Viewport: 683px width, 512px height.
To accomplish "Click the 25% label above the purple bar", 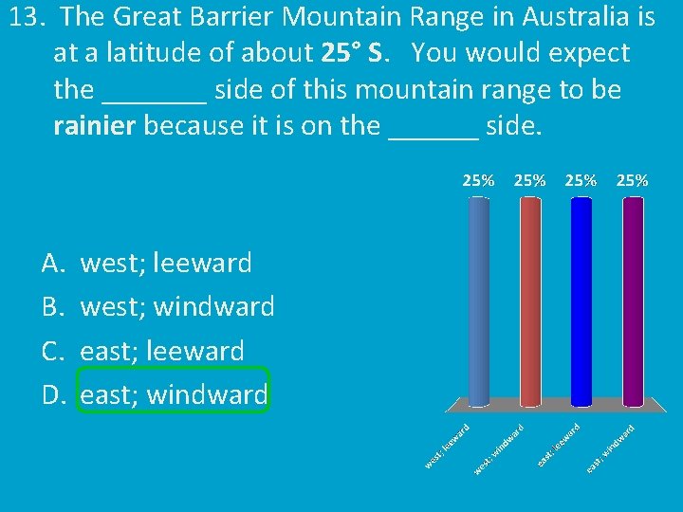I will [633, 180].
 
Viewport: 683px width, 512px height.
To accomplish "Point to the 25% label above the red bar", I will [530, 180].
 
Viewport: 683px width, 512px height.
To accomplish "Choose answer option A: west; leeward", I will [166, 263].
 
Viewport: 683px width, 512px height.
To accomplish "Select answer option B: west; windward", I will [177, 306].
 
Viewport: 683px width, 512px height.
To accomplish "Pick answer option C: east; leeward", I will [162, 351].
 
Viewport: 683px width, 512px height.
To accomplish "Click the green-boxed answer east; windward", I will [175, 394].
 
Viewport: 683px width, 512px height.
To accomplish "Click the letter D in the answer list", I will [51, 394].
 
